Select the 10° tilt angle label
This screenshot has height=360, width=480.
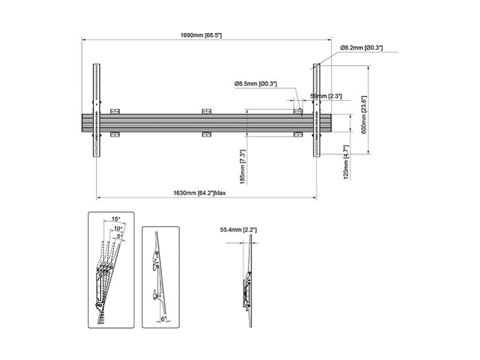pos(119,227)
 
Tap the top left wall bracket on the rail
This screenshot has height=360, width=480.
pos(115,111)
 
